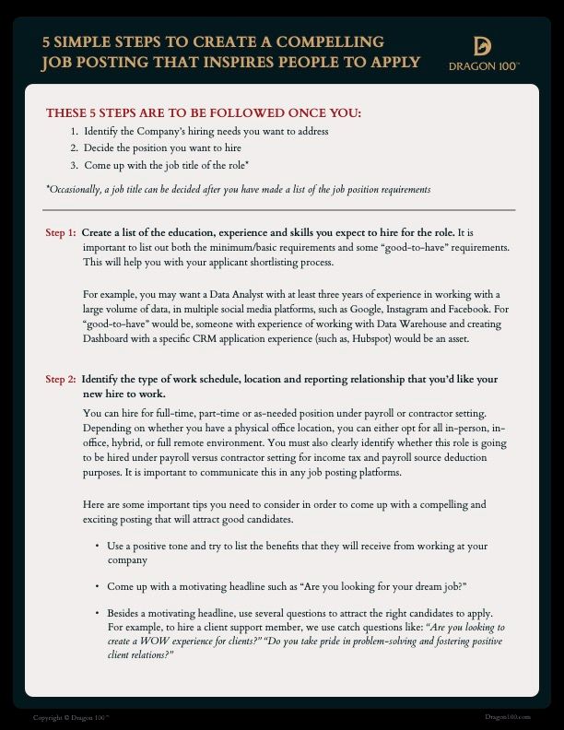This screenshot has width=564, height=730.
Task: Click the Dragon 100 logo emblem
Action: (x=483, y=47)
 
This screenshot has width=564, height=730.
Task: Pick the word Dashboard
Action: (x=110, y=339)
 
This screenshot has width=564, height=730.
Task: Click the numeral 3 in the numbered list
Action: (x=74, y=165)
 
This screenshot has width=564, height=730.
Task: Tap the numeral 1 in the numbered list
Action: (x=74, y=132)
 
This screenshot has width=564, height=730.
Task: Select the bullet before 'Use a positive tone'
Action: (x=98, y=547)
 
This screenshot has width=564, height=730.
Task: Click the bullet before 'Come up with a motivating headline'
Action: (x=98, y=586)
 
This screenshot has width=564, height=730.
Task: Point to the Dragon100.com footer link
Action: (x=508, y=716)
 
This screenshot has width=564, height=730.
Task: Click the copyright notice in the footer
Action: (x=71, y=716)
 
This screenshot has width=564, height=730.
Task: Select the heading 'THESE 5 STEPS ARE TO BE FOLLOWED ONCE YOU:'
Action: (x=204, y=113)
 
